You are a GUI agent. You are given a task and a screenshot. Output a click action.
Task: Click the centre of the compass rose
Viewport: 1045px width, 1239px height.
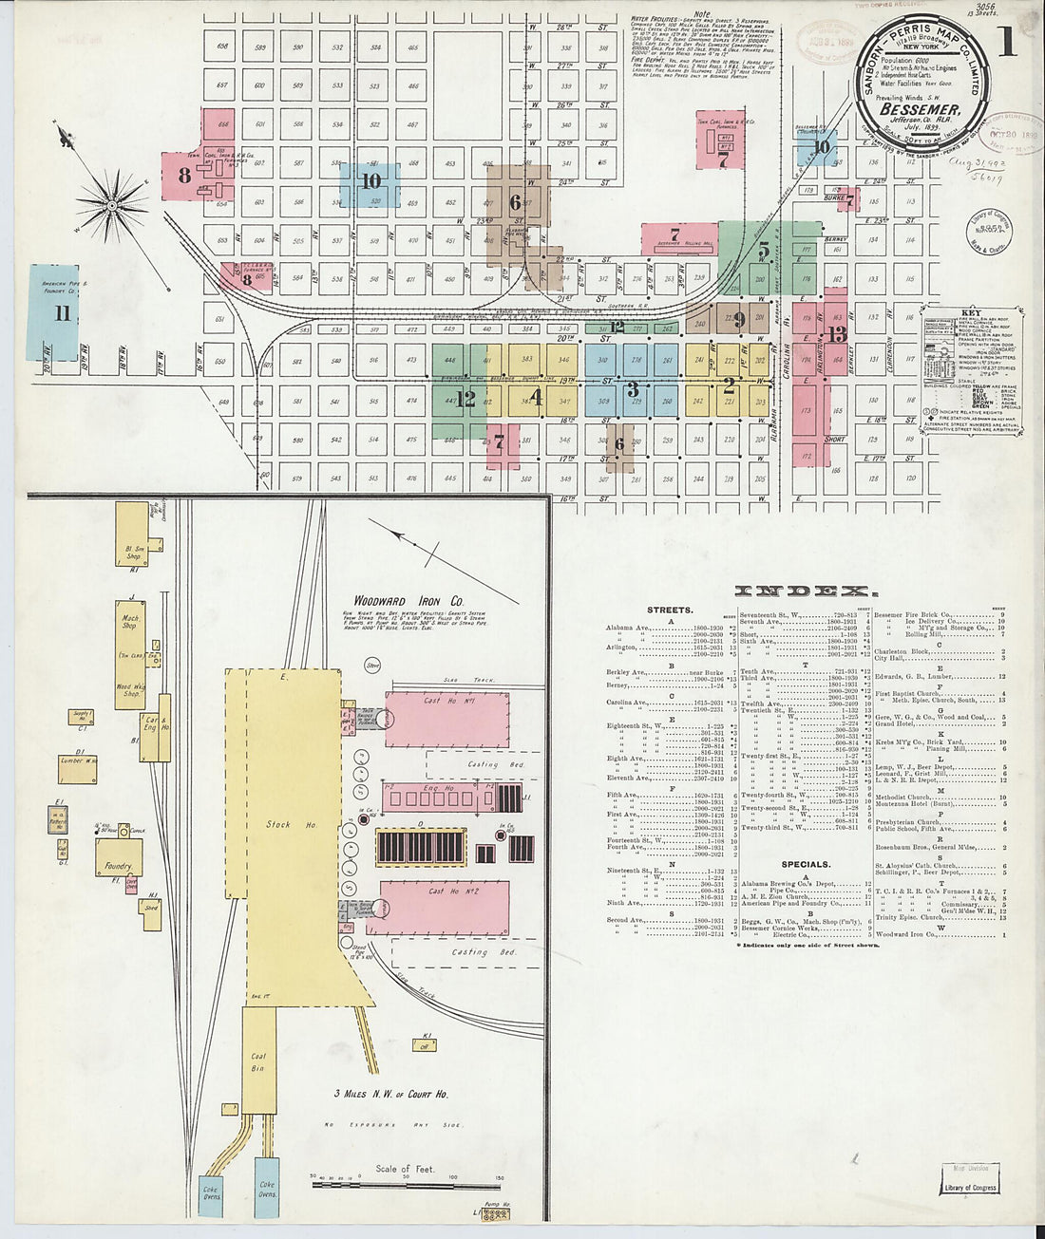(111, 204)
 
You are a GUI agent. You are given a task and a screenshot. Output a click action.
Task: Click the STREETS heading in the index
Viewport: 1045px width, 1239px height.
(670, 610)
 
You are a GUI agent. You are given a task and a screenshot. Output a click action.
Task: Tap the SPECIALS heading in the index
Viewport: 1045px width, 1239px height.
(806, 865)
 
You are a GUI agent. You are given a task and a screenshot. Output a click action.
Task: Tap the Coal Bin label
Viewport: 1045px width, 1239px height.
(258, 1061)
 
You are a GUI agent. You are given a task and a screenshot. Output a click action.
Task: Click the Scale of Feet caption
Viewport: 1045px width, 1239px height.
(406, 1169)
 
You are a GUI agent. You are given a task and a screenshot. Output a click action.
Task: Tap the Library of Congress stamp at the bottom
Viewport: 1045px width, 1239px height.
(969, 1187)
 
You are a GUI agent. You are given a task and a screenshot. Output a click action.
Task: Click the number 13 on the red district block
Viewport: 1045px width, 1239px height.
(836, 334)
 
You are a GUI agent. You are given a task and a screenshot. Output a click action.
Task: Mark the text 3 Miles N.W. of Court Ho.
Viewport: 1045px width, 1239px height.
(392, 1094)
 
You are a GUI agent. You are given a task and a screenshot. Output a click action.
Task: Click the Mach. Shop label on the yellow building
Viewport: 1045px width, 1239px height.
(129, 622)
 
